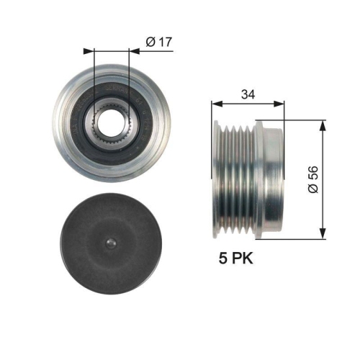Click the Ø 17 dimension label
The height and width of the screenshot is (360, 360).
(159, 42)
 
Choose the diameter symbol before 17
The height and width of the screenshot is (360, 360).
(149, 42)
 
